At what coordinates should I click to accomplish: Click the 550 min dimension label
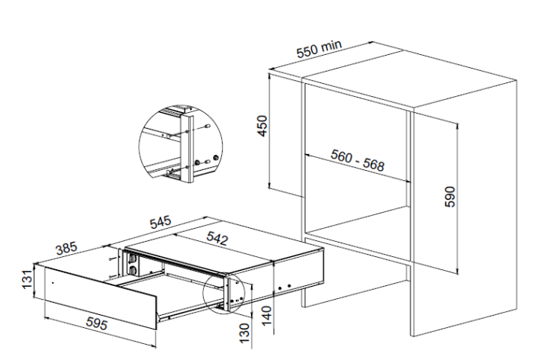(319, 49)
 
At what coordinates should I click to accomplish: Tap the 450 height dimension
(262, 126)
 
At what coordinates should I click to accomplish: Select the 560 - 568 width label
(357, 160)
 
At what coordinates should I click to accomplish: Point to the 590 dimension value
(449, 196)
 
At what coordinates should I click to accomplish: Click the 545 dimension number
(160, 222)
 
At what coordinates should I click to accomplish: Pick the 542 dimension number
(217, 238)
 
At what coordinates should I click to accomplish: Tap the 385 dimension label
(66, 248)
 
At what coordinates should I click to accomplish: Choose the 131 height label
(27, 279)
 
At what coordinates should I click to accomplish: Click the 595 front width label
(97, 323)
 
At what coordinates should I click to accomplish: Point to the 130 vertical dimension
(244, 333)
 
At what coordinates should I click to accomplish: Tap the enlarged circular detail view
(181, 144)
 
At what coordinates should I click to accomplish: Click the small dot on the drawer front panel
(53, 283)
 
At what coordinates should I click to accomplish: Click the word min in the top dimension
(332, 46)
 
